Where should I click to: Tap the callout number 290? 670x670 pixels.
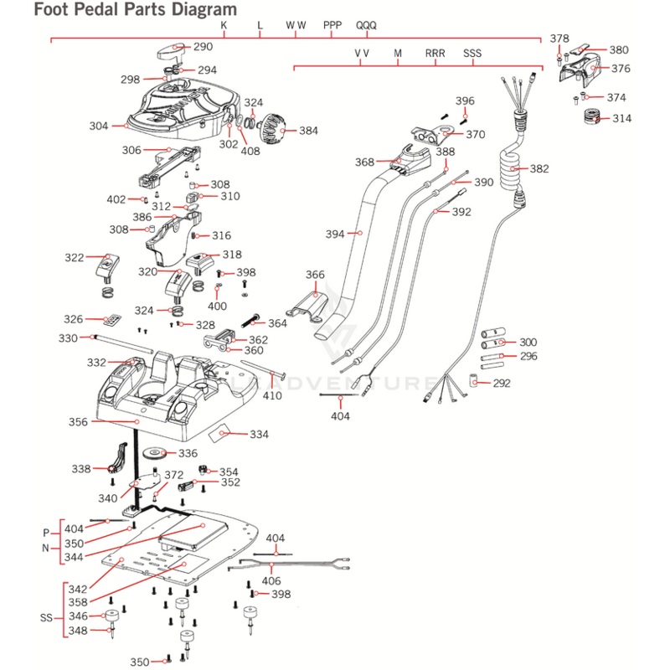204,48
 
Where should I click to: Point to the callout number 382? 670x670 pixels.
539,168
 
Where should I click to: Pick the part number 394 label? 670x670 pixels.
335,234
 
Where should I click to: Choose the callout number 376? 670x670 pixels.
621,68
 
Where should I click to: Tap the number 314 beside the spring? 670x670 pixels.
621,118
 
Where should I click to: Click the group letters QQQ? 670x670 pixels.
367,25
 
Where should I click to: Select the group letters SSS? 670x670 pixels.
472,54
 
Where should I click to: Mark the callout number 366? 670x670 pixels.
315,275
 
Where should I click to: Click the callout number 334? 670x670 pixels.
259,435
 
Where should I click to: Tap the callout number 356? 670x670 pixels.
79,423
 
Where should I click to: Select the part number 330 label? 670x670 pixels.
68,338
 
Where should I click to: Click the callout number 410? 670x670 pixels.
272,395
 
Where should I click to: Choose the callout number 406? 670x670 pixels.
271,581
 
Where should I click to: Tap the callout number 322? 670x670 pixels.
75,258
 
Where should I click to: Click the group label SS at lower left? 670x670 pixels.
48,617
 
